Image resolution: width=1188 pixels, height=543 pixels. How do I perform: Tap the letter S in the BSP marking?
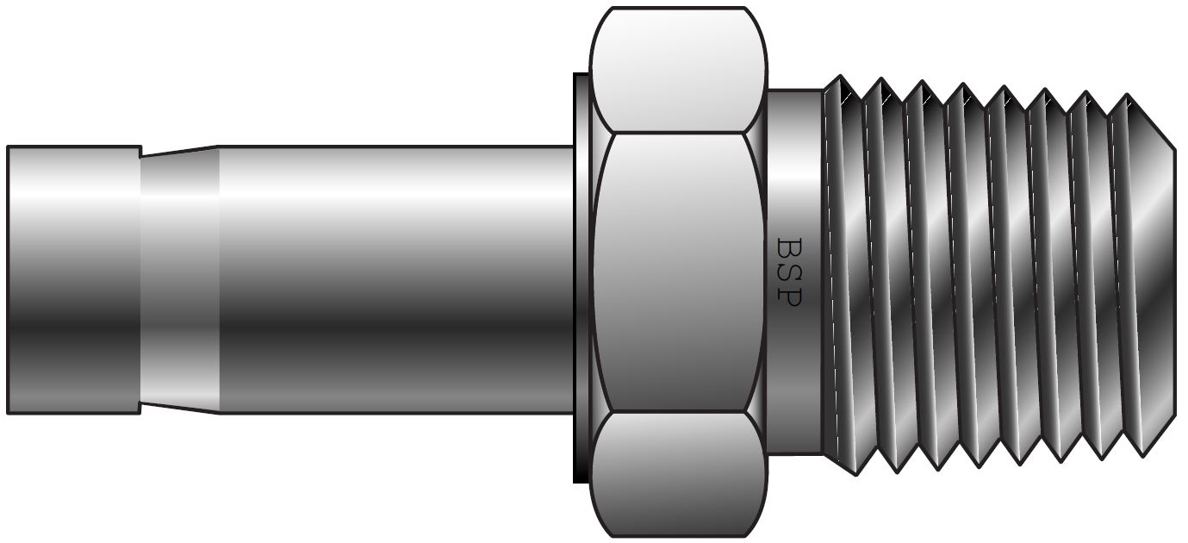coord(789,271)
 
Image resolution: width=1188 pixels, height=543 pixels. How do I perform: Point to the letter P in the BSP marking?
coord(789,295)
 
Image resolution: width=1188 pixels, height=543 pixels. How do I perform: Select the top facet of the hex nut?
coord(678,69)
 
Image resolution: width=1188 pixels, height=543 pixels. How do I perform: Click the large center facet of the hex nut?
coord(678,271)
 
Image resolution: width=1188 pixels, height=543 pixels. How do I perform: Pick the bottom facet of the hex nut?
coord(678,474)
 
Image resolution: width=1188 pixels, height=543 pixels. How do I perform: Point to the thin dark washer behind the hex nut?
coord(582,276)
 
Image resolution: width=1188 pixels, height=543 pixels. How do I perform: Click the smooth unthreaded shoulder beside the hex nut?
coord(794,172)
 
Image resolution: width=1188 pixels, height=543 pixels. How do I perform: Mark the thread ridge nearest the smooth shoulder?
coord(843,276)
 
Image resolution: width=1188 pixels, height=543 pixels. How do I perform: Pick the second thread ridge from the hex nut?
coord(883,276)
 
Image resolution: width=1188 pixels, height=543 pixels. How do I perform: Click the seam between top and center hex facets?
coord(678,133)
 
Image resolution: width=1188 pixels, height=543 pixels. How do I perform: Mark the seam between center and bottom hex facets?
coord(678,411)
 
